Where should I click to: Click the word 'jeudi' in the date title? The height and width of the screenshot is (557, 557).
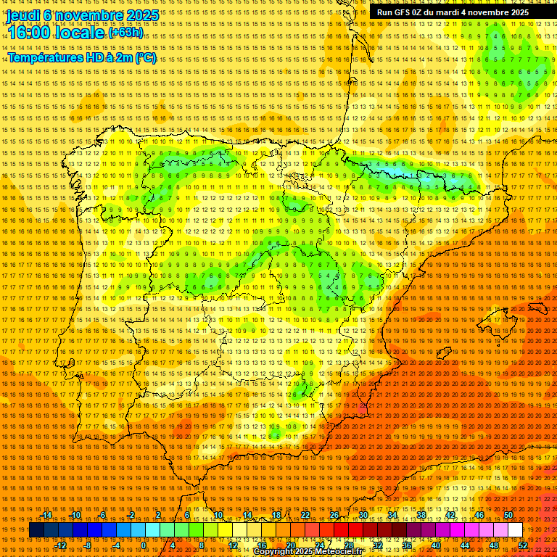(22, 15)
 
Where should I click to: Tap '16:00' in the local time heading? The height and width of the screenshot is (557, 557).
(30, 33)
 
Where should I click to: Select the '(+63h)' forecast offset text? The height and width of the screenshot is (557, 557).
(126, 33)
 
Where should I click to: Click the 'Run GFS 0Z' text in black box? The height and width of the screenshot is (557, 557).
(400, 12)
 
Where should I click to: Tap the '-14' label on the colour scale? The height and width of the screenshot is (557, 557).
(46, 515)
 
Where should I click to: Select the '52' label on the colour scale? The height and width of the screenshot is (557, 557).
(523, 545)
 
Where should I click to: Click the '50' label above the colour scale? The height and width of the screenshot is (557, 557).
(508, 515)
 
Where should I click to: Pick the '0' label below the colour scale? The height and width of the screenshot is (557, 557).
(144, 545)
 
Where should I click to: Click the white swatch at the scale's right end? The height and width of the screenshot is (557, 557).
(516, 530)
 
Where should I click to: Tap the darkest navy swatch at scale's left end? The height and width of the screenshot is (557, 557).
(36, 530)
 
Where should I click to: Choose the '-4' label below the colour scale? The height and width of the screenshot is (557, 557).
(115, 545)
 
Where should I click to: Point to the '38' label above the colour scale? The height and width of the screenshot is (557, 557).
(421, 515)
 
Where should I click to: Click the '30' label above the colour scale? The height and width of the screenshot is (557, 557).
(363, 515)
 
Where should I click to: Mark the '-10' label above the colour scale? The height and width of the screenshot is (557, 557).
(75, 515)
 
